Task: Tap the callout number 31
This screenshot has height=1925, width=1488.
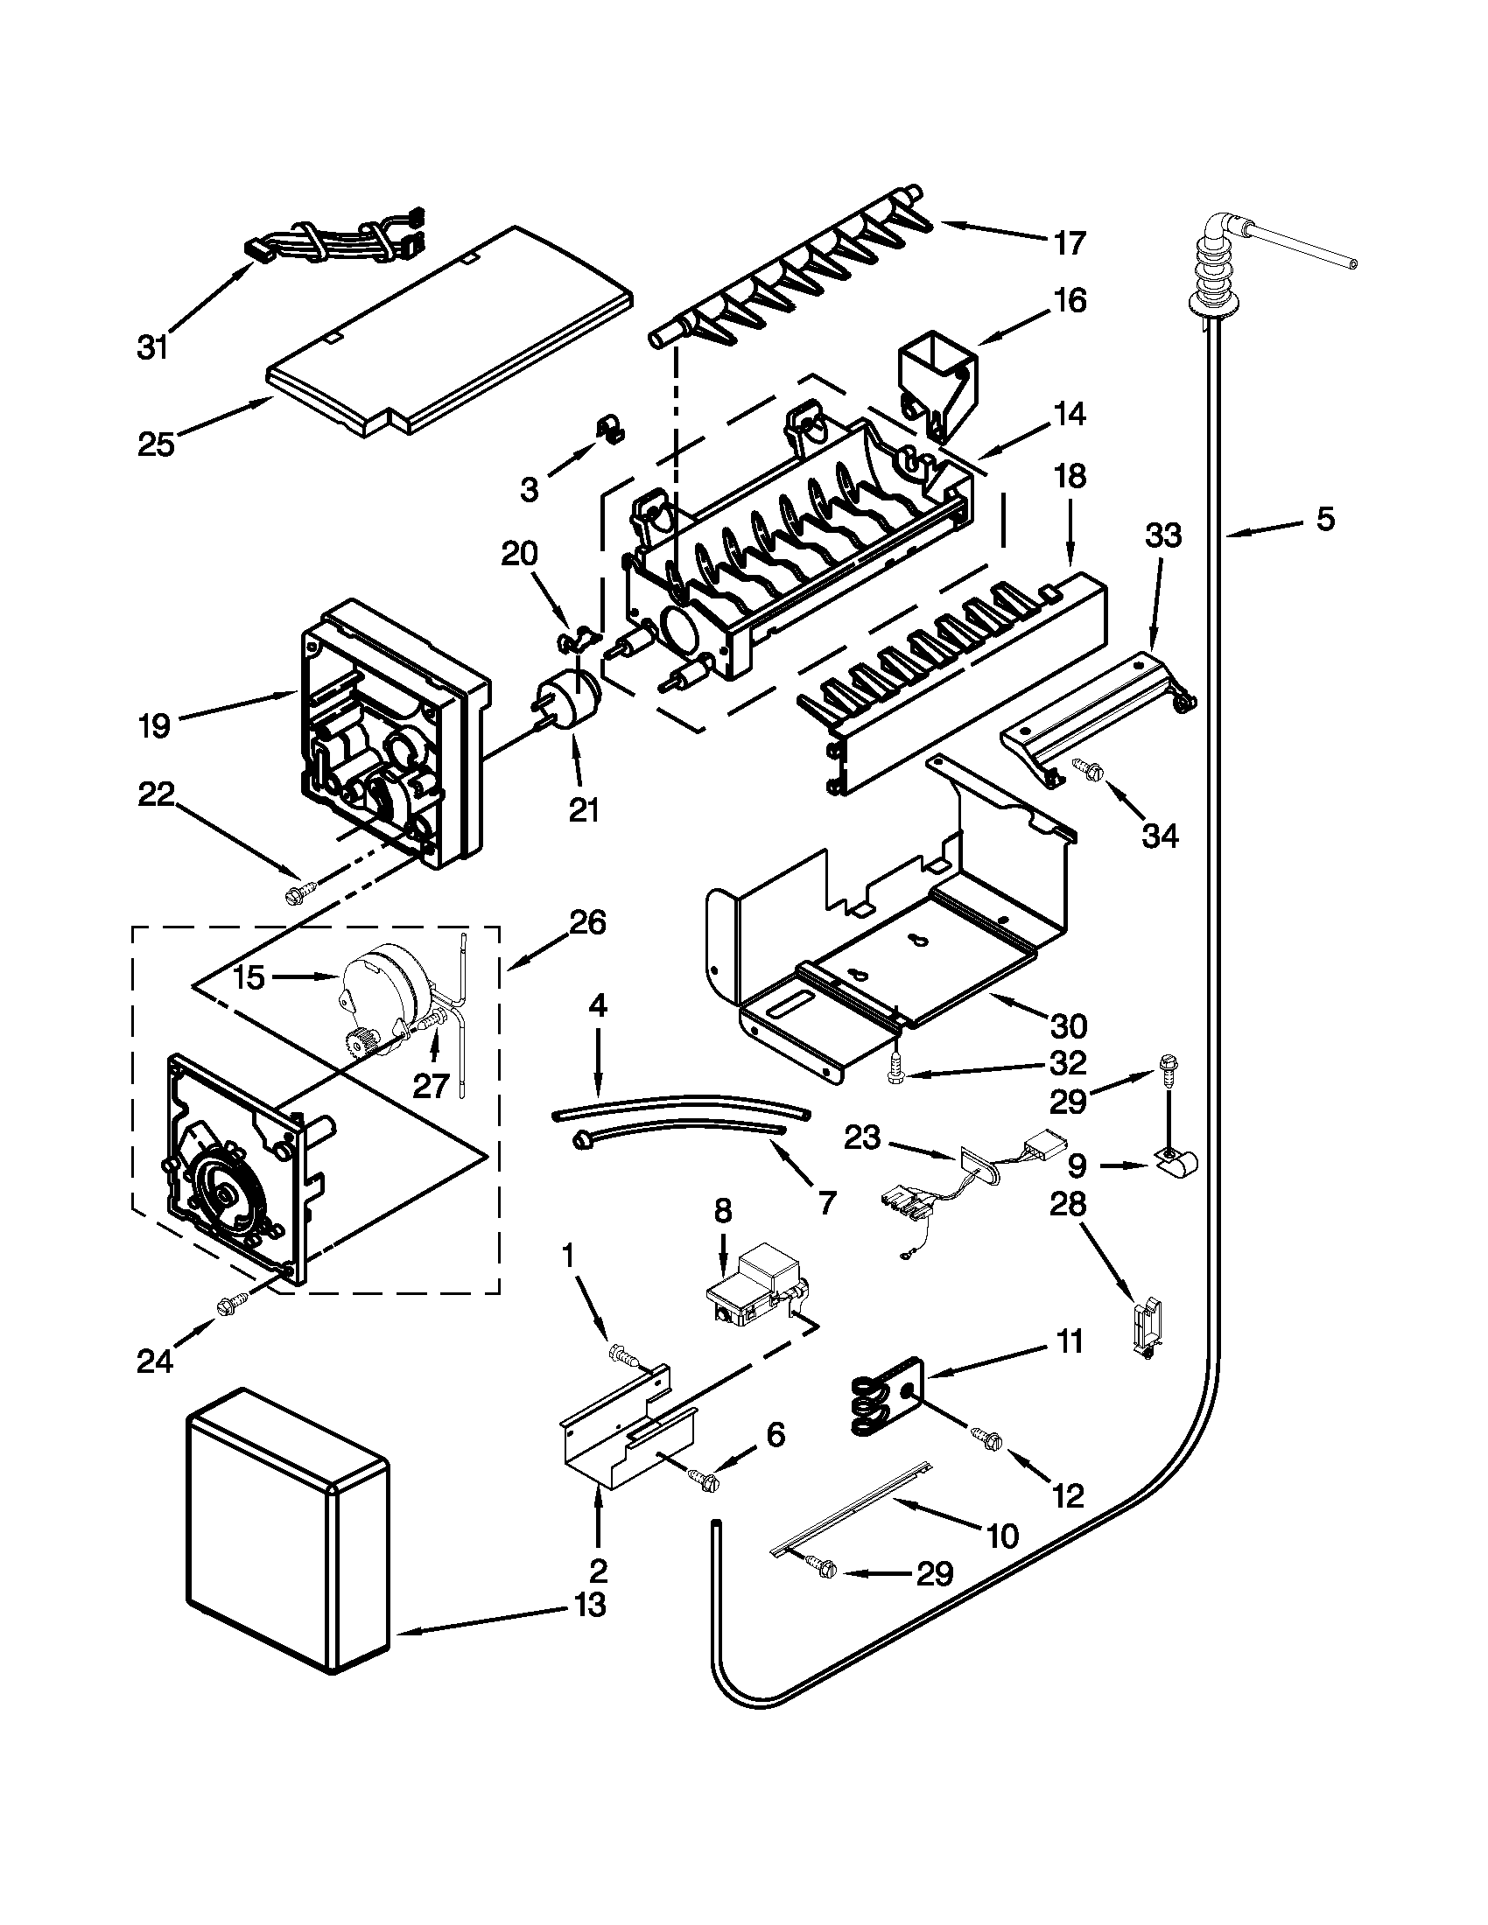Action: pyautogui.click(x=151, y=348)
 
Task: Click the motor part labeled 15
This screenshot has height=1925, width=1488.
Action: pyautogui.click(x=381, y=978)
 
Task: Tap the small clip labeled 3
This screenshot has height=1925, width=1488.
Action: pyautogui.click(x=607, y=430)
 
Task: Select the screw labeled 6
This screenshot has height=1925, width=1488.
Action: pyautogui.click(x=705, y=1480)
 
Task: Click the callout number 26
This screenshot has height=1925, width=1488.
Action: pyautogui.click(x=587, y=923)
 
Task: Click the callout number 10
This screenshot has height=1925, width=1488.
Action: pyautogui.click(x=1003, y=1536)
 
